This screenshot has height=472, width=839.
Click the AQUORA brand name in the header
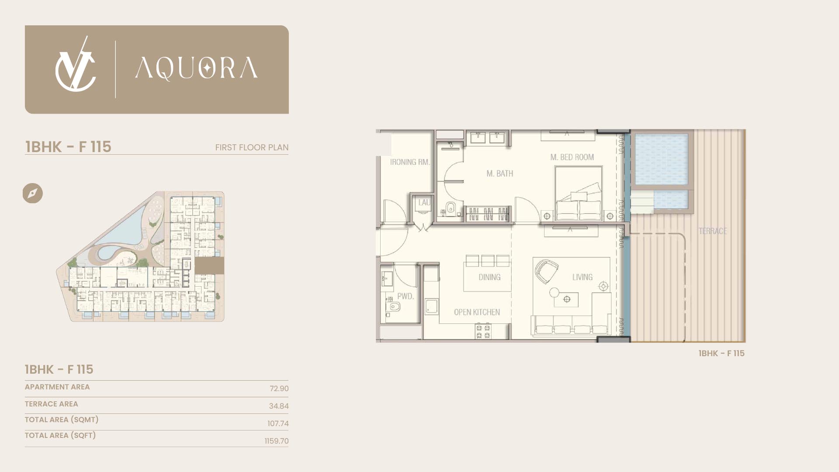(196, 69)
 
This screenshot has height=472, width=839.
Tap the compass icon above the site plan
(33, 193)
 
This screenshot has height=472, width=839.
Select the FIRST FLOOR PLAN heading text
(252, 147)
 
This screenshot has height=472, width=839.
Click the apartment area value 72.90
(279, 389)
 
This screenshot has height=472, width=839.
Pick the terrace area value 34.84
(279, 406)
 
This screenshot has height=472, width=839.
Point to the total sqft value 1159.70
(277, 441)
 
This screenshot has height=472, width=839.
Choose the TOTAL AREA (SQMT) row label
(62, 420)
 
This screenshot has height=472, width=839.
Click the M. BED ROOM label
(572, 157)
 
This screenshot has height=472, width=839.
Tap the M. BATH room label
(500, 174)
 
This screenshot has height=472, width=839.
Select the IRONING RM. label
(410, 162)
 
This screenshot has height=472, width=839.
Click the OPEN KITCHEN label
(477, 312)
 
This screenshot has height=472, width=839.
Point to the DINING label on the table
(489, 277)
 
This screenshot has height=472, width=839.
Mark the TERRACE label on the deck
(713, 231)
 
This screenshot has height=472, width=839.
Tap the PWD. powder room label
(405, 296)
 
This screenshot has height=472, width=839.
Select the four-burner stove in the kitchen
(483, 331)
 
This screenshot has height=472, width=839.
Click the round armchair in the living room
(547, 271)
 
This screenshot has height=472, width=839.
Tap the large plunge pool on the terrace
(662, 159)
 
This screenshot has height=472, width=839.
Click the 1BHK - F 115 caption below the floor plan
(721, 353)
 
